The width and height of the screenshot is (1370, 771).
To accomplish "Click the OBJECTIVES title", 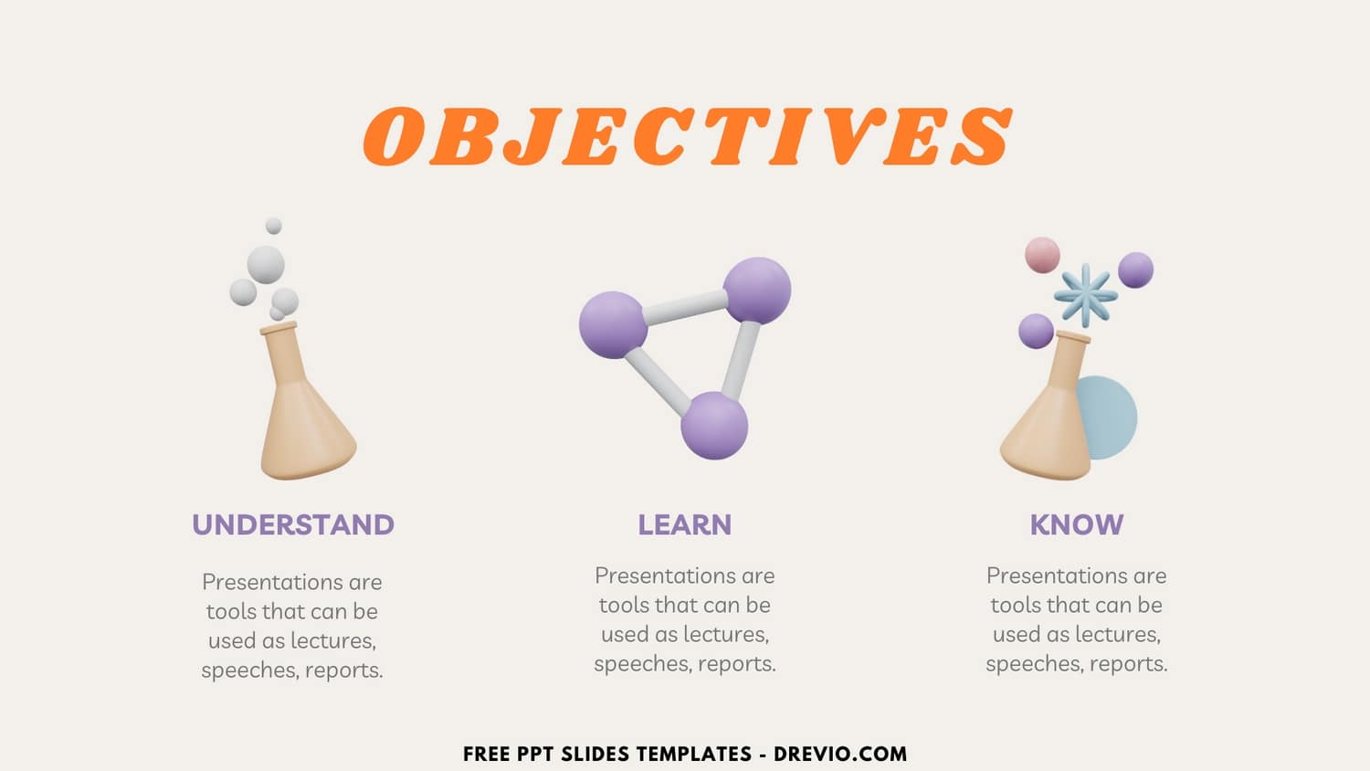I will point(687,137).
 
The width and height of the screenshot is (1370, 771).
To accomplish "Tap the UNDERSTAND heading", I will point(293,524).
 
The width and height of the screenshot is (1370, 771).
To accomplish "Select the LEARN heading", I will point(684,524).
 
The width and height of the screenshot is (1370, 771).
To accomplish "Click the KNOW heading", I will point(1076,524).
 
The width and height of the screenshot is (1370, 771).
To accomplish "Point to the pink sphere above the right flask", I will point(1042,255).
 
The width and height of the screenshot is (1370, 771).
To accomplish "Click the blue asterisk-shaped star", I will point(1085,295).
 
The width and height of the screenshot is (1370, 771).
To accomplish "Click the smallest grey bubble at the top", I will point(273,226).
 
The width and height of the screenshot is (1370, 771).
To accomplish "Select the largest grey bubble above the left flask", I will point(266,264).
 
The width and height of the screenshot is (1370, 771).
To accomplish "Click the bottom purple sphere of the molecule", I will point(714,426).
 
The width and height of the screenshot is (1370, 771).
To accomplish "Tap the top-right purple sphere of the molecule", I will point(757,290).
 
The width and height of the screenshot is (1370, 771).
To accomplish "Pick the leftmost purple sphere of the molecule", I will point(613,324).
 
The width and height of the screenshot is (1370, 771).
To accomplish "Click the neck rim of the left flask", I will point(279,328).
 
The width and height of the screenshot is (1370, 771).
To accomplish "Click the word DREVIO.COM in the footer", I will point(840,755).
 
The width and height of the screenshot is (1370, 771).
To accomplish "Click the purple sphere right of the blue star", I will point(1135,270).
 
